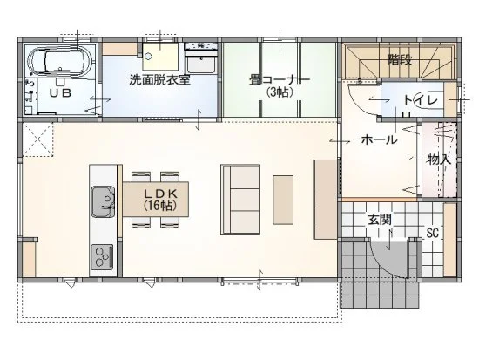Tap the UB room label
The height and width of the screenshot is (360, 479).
tap(60, 92)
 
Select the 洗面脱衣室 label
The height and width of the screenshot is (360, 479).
tap(159, 79)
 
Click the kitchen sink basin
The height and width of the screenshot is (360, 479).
tap(103, 202)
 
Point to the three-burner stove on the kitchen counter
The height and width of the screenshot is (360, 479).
tap(101, 257)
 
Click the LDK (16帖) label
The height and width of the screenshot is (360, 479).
tap(160, 200)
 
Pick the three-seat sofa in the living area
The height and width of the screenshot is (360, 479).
tap(240, 200)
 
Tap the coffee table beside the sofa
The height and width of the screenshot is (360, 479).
tap(283, 200)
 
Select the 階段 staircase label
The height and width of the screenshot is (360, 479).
tap(400, 60)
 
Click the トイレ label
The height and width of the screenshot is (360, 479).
tap(422, 100)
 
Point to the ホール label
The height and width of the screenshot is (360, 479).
tap(379, 139)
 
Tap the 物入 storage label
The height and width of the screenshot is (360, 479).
tap(439, 160)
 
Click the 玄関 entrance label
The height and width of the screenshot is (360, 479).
tap(380, 220)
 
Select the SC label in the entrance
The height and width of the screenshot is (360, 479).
tap(433, 234)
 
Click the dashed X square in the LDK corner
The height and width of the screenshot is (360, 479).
tap(38, 139)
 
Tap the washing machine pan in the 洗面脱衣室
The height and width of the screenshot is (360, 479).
tap(159, 57)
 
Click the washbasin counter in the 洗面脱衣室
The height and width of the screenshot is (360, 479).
tap(201, 58)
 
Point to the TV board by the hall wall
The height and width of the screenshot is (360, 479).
tap(325, 200)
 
